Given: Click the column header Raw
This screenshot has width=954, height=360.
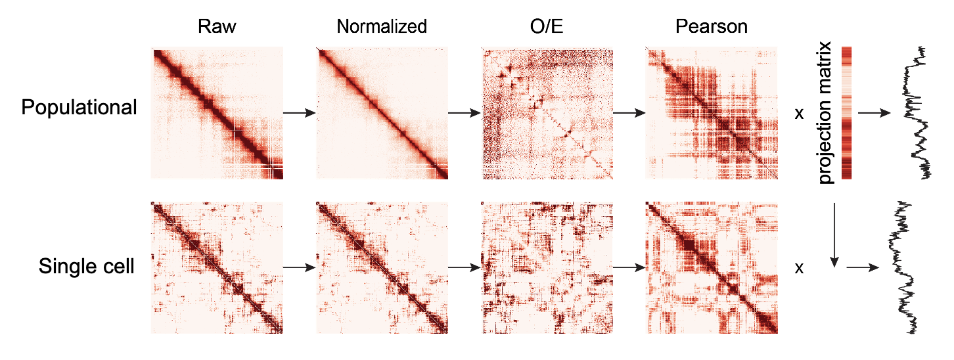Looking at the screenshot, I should (x=217, y=27).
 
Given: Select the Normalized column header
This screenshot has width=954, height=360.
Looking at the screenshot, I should (x=382, y=27).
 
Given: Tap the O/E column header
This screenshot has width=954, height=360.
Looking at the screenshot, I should (x=547, y=27).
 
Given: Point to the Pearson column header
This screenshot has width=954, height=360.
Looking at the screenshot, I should (x=712, y=27).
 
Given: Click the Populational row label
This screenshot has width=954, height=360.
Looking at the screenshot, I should (x=79, y=108).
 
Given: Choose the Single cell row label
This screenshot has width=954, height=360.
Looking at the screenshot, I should (x=87, y=267).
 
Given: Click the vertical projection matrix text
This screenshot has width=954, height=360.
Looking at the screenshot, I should (x=826, y=113).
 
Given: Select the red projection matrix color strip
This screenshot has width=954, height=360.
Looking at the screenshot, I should (x=846, y=113).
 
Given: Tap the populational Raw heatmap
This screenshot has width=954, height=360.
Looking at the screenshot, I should (x=217, y=113).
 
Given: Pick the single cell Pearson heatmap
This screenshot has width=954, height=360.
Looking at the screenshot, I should (x=712, y=267).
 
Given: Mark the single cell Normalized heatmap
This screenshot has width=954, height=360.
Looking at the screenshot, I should (x=382, y=267).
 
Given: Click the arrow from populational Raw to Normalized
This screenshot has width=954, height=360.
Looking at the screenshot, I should (x=300, y=113).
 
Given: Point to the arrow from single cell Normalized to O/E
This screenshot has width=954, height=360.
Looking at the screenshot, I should (x=465, y=268).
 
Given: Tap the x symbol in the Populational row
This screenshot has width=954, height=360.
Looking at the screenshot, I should (x=799, y=114).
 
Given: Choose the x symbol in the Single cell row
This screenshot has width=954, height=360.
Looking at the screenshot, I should (x=799, y=268).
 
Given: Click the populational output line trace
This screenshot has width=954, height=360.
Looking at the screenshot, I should (x=917, y=113).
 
